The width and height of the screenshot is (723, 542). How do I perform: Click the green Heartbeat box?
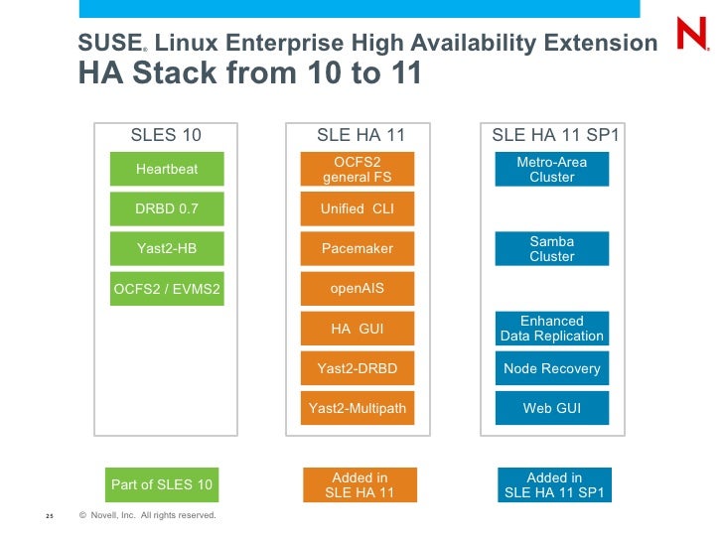[x=167, y=169]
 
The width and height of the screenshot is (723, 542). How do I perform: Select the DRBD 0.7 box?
[x=167, y=208]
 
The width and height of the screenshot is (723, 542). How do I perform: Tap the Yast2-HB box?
[x=167, y=248]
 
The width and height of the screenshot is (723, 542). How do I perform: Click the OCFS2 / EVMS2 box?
[x=167, y=289]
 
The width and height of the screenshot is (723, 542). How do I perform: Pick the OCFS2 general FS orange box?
[x=358, y=169]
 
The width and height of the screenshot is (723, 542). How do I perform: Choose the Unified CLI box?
[x=358, y=208]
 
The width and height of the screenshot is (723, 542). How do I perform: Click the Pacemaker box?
[x=358, y=248]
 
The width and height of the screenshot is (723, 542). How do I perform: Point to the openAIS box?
[x=358, y=289]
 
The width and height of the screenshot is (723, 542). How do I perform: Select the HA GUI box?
[x=358, y=329]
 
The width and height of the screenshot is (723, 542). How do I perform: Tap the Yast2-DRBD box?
[x=358, y=368]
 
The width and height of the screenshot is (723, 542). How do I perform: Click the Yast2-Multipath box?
[x=358, y=408]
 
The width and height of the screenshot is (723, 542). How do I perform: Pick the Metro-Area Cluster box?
[x=552, y=169]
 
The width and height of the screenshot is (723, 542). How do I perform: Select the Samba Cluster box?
[x=552, y=248]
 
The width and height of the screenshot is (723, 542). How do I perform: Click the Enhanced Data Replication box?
[x=552, y=329]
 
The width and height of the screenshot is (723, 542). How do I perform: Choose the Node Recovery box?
[x=552, y=368]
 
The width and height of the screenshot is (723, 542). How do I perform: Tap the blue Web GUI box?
[x=552, y=408]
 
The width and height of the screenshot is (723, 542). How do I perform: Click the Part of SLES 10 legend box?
[x=162, y=484]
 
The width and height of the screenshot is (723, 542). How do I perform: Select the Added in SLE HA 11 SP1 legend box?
[x=554, y=485]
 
